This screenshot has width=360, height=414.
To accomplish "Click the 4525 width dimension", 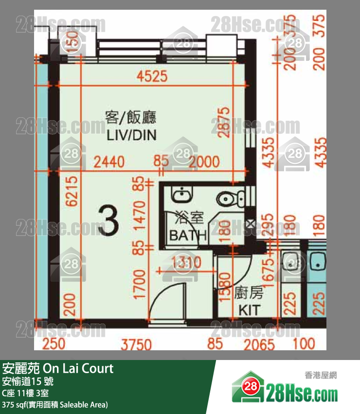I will [152, 76].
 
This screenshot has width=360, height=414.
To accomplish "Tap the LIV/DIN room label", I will [131, 135].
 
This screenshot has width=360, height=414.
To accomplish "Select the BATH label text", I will [188, 235].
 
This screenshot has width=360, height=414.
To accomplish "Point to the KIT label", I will [249, 310].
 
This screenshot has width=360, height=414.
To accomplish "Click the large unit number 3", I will [108, 220].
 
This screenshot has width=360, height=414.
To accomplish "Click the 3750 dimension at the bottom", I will [137, 344].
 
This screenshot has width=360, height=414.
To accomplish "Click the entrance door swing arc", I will [165, 297].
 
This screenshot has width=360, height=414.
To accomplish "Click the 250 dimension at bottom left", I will [54, 344].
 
